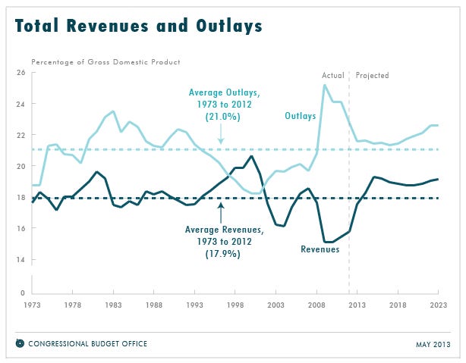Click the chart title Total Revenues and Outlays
pyautogui.click(x=138, y=26)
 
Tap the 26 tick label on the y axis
pyautogui.click(x=20, y=73)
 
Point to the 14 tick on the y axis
pyautogui.click(x=20, y=260)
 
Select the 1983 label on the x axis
pyautogui.click(x=113, y=305)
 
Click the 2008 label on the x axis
pyautogui.click(x=316, y=305)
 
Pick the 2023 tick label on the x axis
pyautogui.click(x=439, y=305)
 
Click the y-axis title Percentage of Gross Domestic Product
pyautogui.click(x=105, y=62)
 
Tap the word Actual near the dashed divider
pyautogui.click(x=333, y=75)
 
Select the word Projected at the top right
pyautogui.click(x=373, y=76)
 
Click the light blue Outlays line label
pyautogui.click(x=300, y=116)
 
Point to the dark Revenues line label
pyautogui.click(x=320, y=249)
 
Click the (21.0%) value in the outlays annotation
pyautogui.click(x=223, y=117)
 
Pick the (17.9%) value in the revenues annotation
pyautogui.click(x=223, y=254)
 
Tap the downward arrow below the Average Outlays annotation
pyautogui.click(x=221, y=133)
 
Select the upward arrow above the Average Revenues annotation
pyautogui.click(x=221, y=213)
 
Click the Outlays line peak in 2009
pyautogui.click(x=325, y=85)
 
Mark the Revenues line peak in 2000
pyautogui.click(x=251, y=156)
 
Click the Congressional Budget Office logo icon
pyautogui.click(x=20, y=343)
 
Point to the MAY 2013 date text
pyautogui.click(x=433, y=345)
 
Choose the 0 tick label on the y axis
pyautogui.click(x=23, y=293)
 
